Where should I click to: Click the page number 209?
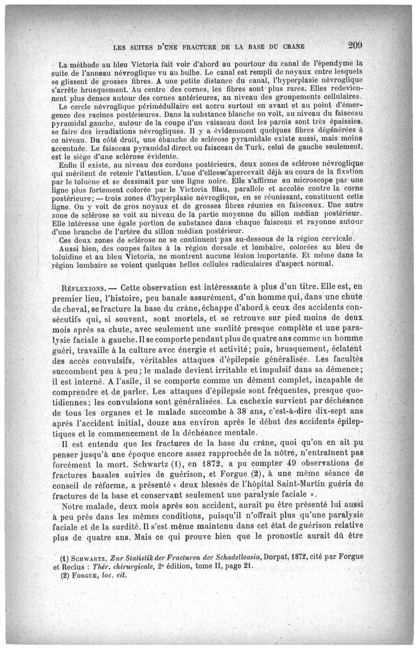[x=354, y=44]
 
